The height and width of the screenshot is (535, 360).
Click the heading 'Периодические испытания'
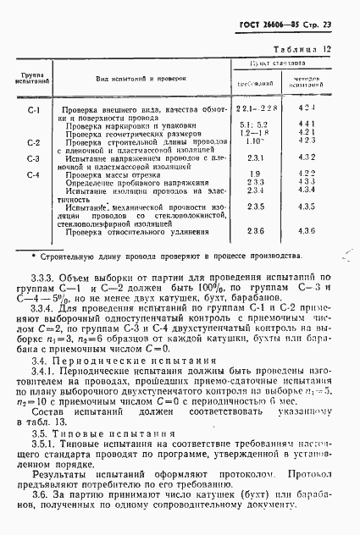(141, 360)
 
